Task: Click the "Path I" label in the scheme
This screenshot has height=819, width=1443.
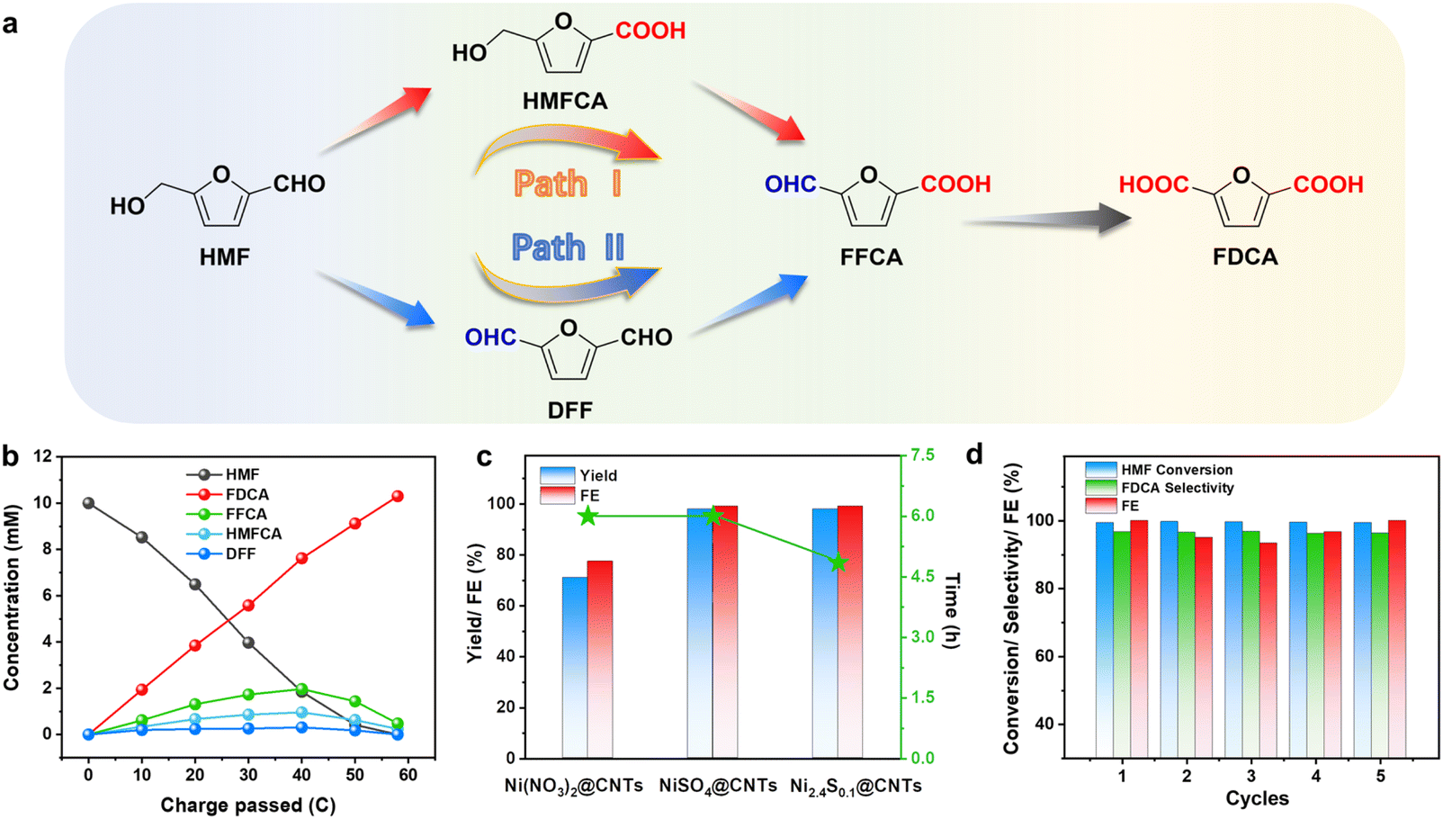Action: (567, 184)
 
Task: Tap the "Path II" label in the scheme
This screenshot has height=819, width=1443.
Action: (568, 247)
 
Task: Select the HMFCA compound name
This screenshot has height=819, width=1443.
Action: (565, 102)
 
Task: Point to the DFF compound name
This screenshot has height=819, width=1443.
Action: (569, 410)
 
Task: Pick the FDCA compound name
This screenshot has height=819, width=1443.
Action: (1244, 257)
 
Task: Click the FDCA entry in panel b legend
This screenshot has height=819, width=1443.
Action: (246, 494)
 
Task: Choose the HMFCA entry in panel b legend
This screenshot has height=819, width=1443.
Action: (253, 534)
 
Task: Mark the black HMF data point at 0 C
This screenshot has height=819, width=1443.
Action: (88, 503)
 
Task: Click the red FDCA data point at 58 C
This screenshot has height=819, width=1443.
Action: (398, 496)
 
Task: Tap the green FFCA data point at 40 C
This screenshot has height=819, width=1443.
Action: (301, 689)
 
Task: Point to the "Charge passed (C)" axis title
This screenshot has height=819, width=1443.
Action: (247, 805)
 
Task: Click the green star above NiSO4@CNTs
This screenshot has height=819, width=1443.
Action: (713, 516)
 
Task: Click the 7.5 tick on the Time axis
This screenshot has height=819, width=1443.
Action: (922, 455)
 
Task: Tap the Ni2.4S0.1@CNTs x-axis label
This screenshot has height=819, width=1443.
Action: (856, 787)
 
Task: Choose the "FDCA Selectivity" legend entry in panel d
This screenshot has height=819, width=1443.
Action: (1177, 488)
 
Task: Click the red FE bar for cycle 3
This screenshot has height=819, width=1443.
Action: (1268, 650)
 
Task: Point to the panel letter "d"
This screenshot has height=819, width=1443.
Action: (974, 454)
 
